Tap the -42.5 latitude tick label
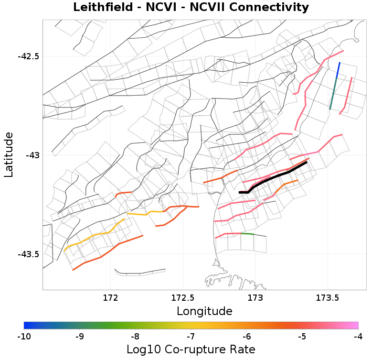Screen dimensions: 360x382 click(x=28, y=56)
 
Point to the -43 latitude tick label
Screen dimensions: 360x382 click(x=32, y=155)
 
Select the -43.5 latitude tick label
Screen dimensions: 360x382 click(x=28, y=254)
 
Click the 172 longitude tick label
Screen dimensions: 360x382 click(x=110, y=298)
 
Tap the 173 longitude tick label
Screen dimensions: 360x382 click(x=256, y=298)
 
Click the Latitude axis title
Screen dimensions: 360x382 click(x=9, y=155)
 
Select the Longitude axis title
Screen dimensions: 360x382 click(x=204, y=311)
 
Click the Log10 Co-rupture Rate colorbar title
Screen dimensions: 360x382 click(x=191, y=349)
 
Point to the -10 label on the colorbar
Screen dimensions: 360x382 click(x=24, y=337)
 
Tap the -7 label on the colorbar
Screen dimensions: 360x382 click(x=191, y=337)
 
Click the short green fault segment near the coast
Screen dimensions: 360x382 click(x=247, y=234)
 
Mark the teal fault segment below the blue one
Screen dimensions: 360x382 click(x=333, y=94)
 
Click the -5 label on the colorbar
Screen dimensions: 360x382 click(x=302, y=337)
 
